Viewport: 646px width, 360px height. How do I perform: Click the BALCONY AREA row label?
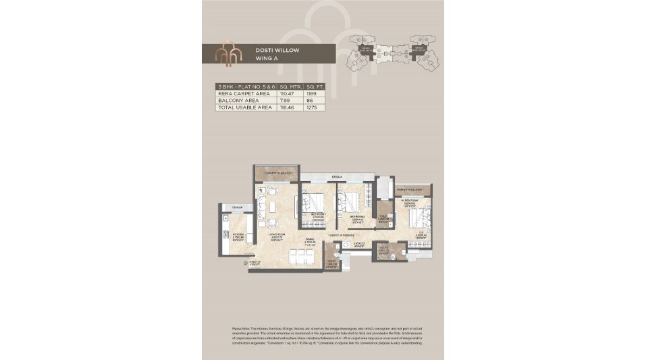(234, 100)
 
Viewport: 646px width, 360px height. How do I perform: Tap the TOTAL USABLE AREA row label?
(240, 107)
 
